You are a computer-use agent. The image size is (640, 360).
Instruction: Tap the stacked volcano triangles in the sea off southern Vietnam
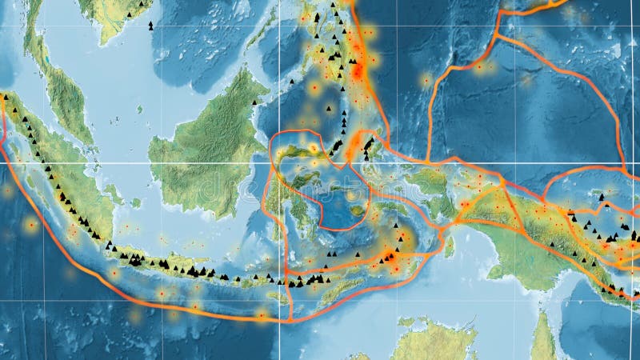[x=150, y=26]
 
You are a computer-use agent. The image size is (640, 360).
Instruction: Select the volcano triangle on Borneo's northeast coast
[x=255, y=102]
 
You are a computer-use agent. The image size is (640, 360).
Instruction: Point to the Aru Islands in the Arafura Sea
[x=449, y=246]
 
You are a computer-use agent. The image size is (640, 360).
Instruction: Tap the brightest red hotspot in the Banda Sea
[x=390, y=257]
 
